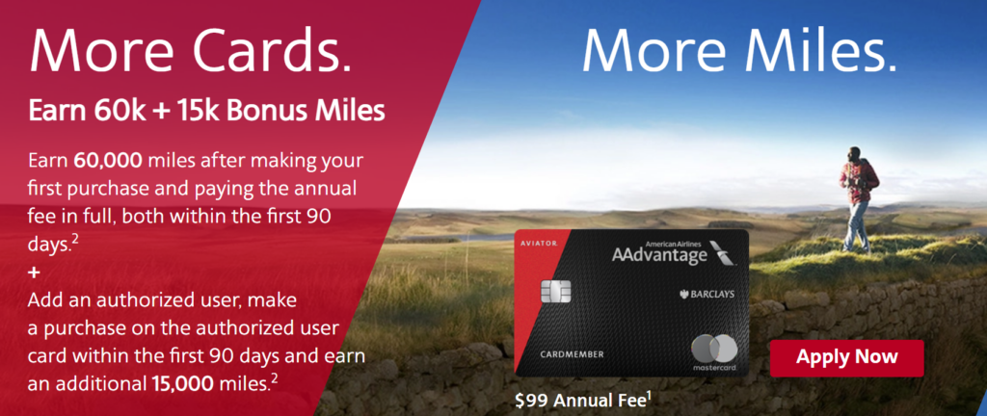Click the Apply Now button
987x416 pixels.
point(846,357)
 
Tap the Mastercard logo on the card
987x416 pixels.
point(714,351)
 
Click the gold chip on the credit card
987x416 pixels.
point(555,291)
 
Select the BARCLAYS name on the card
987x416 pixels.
point(707,294)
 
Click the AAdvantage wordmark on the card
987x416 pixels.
point(658,255)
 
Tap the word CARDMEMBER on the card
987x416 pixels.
point(573,354)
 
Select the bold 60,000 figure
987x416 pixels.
point(109,160)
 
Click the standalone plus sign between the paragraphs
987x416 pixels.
point(34,273)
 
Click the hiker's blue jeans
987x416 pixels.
point(855,224)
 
